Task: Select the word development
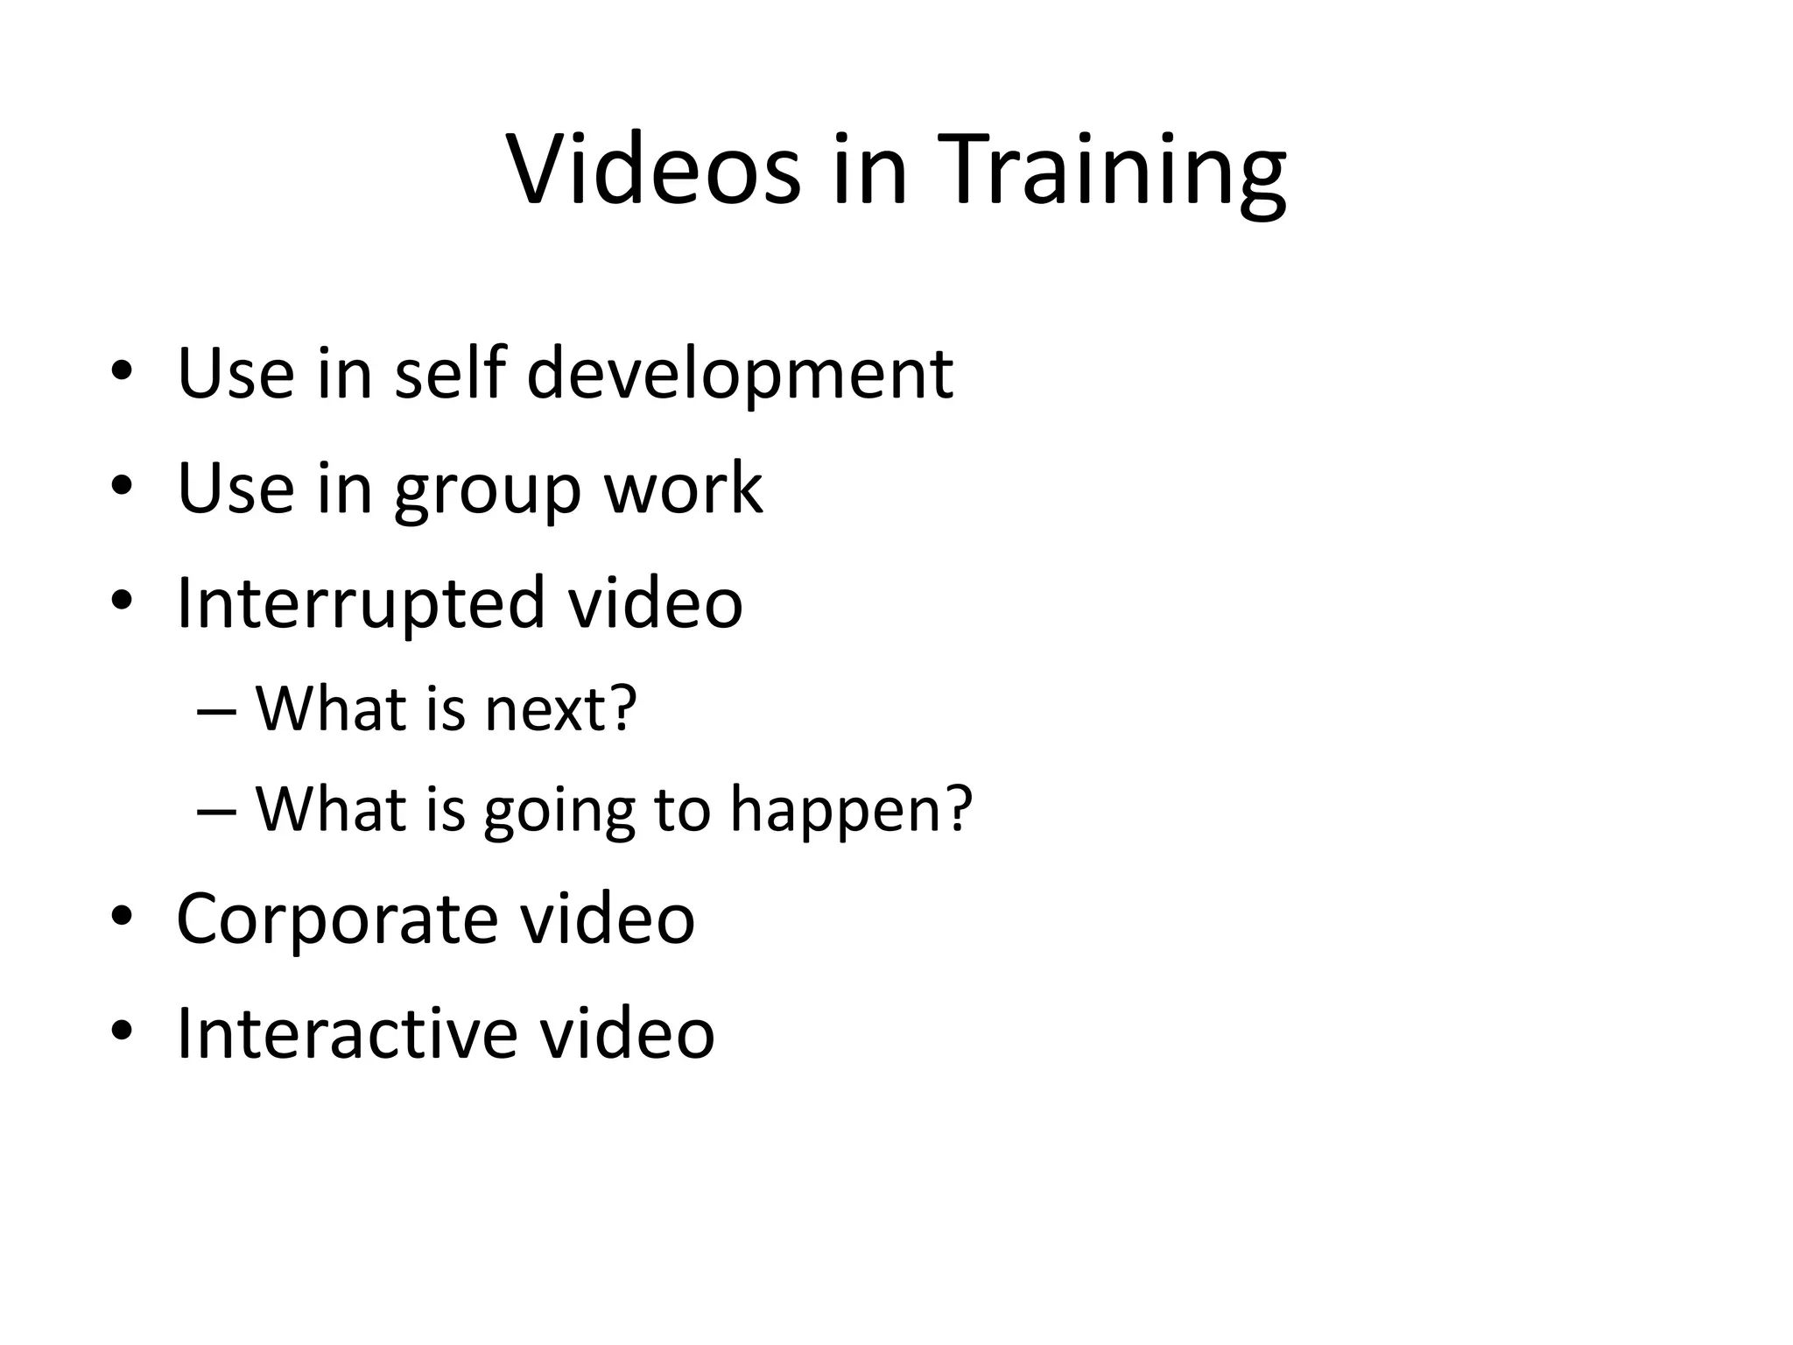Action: coord(739,374)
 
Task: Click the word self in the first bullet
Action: coord(450,374)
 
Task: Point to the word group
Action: coord(487,490)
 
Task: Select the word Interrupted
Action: coord(361,604)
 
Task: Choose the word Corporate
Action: coord(336,919)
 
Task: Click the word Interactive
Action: coord(347,1033)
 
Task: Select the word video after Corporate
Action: coord(608,919)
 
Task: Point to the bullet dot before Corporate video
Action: coord(122,918)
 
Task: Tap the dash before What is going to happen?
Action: coord(216,811)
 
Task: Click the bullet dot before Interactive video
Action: coord(122,1030)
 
